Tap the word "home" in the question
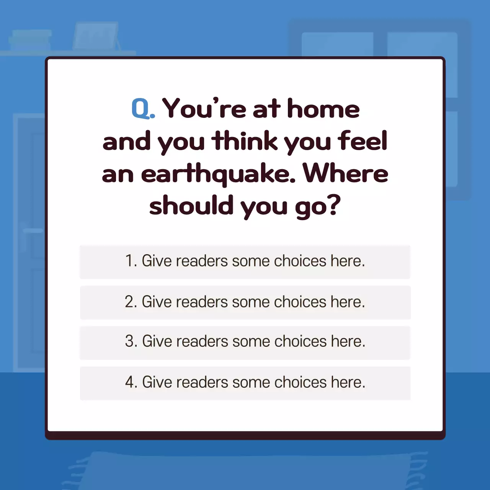[323, 109]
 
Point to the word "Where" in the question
[346, 174]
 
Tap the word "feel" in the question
[363, 141]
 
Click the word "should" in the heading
[191, 206]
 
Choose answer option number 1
[245, 261]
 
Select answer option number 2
[245, 302]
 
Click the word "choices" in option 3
[300, 341]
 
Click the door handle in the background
[33, 231]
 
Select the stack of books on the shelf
[30, 39]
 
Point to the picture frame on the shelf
[96, 36]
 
